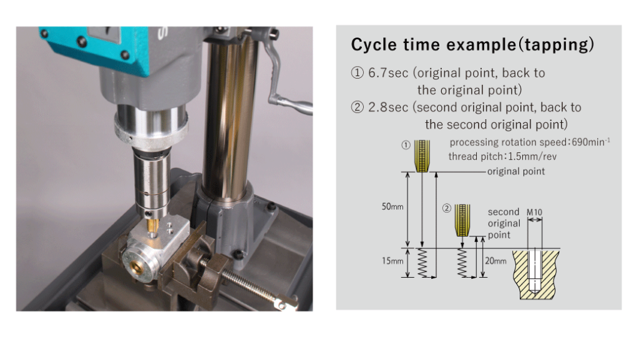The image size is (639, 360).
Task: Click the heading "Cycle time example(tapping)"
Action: pyautogui.click(x=472, y=44)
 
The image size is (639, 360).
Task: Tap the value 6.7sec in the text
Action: pyautogui.click(x=388, y=73)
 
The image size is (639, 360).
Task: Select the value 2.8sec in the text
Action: pyautogui.click(x=388, y=107)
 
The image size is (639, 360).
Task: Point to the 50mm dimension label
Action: pyautogui.click(x=392, y=207)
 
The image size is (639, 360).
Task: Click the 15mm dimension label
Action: pyautogui.click(x=392, y=261)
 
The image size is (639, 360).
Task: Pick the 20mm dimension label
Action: pyautogui.click(x=495, y=261)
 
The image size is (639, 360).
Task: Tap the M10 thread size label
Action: pyautogui.click(x=534, y=213)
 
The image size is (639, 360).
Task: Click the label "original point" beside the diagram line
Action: pyautogui.click(x=516, y=172)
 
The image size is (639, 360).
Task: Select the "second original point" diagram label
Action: pyautogui.click(x=504, y=223)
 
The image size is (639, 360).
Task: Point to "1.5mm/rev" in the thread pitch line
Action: pyautogui.click(x=532, y=157)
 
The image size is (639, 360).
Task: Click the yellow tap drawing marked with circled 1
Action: pyautogui.click(x=422, y=156)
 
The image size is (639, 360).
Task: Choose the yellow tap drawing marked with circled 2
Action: pyautogui.click(x=462, y=220)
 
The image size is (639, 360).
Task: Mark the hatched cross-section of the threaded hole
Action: pyautogui.click(x=535, y=274)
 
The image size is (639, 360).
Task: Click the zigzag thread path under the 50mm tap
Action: pyautogui.click(x=422, y=263)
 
